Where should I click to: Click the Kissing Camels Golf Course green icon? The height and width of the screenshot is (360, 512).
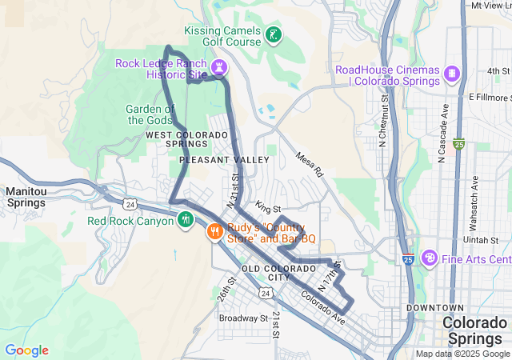pos(274,34)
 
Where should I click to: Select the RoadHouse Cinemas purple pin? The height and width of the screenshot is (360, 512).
pos(453,74)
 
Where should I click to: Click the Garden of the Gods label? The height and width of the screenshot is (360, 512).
pos(150,114)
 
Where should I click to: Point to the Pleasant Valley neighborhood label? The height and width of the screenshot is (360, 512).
pos(224,160)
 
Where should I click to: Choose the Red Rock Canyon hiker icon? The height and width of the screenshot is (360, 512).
pos(186,218)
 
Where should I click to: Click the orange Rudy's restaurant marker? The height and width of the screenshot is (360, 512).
pos(214,233)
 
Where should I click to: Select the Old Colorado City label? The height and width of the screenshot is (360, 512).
pos(278,272)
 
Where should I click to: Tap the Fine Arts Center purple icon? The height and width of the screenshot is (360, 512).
pos(430,258)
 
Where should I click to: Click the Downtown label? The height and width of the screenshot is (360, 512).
pos(434,308)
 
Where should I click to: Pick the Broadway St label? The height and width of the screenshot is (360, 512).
pos(243,318)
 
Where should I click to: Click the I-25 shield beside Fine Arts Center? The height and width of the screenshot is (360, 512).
pos(408,259)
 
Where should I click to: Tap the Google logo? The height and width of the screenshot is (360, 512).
pos(26,350)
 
